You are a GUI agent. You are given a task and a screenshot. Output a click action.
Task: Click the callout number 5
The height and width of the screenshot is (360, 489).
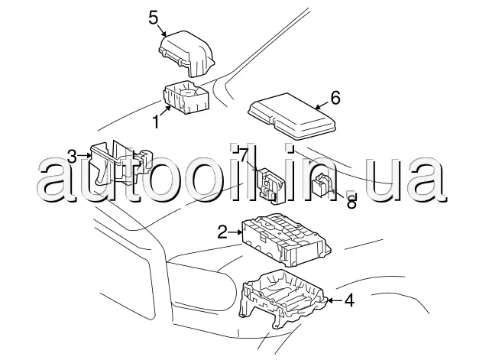(154, 18)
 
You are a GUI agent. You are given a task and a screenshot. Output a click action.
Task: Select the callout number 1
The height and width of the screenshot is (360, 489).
(156, 122)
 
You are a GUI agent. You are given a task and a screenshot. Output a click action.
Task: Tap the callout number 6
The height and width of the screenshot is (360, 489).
(335, 98)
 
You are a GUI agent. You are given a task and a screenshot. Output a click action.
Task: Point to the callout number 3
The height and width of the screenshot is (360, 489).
(72, 157)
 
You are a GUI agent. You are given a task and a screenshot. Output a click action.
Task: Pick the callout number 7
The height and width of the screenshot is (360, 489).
(244, 155)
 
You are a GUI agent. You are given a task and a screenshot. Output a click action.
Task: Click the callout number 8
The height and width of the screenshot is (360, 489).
(351, 202)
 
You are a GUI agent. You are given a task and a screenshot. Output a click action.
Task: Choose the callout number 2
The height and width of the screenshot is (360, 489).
(222, 232)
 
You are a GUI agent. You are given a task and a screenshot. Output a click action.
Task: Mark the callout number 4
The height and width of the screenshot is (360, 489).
(349, 300)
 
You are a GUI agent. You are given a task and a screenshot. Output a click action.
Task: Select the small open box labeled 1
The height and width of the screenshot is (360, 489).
(186, 97)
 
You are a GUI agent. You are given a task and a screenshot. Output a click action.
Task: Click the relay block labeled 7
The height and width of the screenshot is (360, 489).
(270, 186)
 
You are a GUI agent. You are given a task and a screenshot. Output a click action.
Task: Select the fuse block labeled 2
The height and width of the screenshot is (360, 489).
(287, 239)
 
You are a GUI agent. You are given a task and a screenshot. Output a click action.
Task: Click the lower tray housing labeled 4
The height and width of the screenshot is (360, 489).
(283, 299)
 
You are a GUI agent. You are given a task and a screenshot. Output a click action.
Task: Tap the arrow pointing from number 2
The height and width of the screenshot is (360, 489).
(235, 232)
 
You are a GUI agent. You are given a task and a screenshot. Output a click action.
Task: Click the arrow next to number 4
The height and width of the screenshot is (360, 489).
(335, 300)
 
